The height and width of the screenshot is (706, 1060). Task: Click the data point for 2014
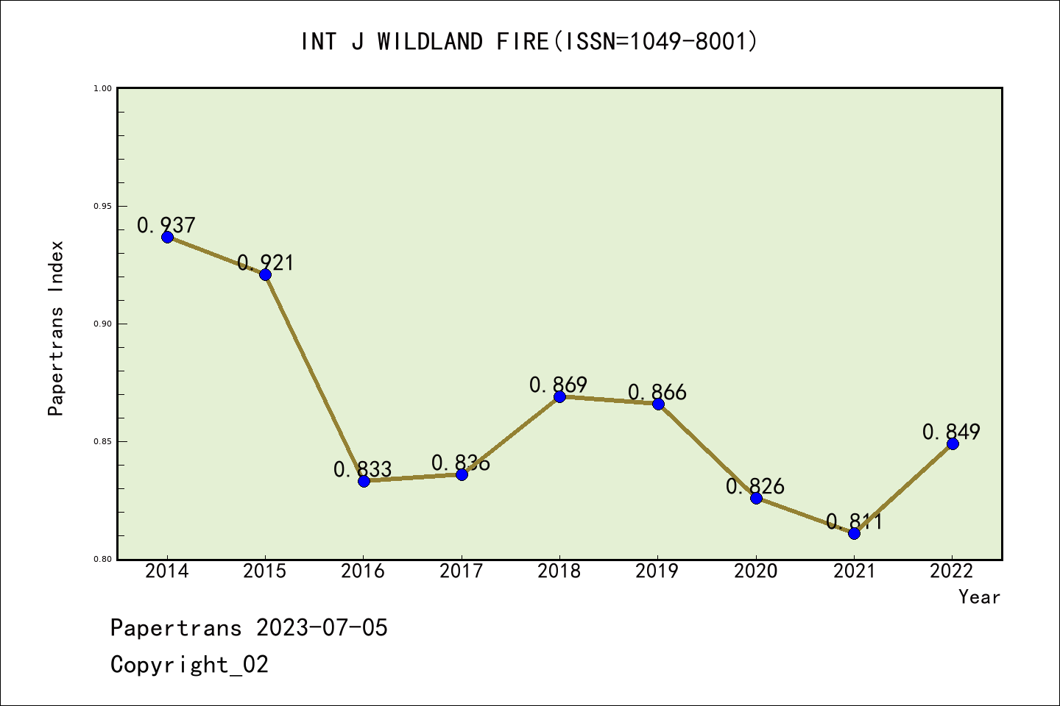167,237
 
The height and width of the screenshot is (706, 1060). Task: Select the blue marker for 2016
364,481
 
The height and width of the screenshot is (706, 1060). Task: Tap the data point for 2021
854,533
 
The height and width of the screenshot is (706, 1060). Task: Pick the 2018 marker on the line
559,396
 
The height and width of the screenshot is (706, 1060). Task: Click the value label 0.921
265,263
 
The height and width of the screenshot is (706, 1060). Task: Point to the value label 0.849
951,432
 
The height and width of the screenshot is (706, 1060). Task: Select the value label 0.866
657,393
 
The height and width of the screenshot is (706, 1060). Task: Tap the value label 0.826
755,486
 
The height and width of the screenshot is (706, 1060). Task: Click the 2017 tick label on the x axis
462,571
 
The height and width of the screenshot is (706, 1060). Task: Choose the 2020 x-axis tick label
756,571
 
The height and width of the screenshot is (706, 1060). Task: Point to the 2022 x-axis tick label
952,571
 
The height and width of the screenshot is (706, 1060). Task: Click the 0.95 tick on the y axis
102,206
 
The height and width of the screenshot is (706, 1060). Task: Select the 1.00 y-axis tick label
102,88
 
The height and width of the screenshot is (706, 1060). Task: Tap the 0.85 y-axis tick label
102,441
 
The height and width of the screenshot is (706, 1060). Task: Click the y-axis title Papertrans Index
57,328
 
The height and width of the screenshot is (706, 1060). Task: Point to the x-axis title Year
979,597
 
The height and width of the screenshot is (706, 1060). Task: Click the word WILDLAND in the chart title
430,42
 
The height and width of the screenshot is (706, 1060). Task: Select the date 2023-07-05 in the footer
322,628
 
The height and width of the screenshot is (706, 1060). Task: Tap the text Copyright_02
189,665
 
